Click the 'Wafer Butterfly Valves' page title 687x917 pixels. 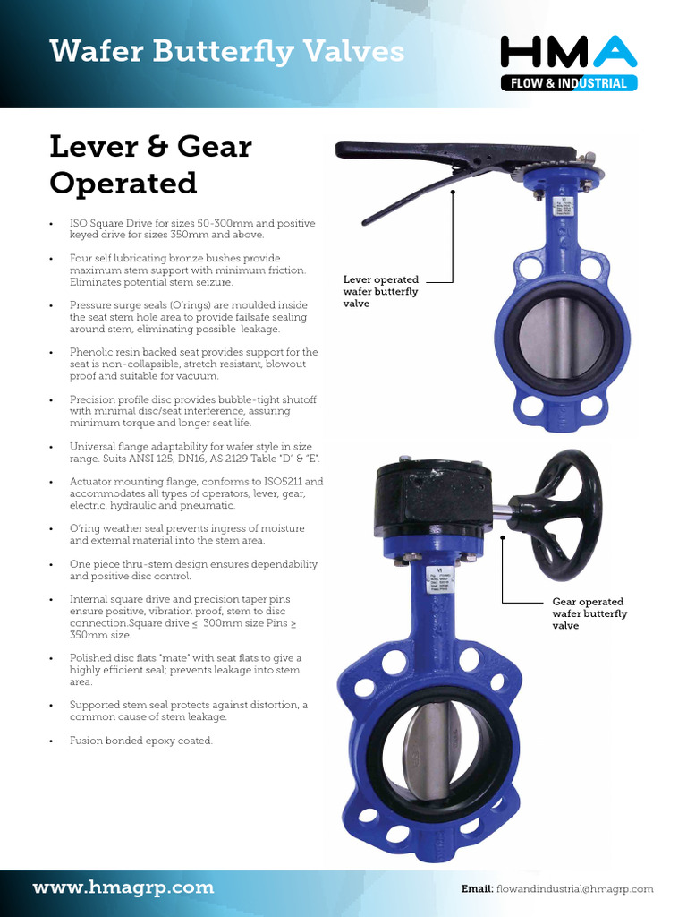click(x=226, y=51)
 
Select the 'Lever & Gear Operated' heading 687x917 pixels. click(x=150, y=164)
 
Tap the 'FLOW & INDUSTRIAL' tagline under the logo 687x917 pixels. click(x=570, y=84)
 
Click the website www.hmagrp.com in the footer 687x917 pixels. click(x=123, y=887)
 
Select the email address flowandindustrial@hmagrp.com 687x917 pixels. click(x=574, y=889)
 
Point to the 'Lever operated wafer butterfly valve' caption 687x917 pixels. click(x=381, y=292)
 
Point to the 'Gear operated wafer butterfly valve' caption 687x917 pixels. click(x=589, y=613)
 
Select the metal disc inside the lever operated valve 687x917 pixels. click(x=561, y=337)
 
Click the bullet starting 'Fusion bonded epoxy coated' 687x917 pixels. click(x=141, y=741)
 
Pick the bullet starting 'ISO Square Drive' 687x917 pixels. click(x=192, y=228)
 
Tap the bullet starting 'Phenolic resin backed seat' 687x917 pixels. click(x=192, y=364)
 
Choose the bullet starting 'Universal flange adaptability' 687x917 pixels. click(x=192, y=452)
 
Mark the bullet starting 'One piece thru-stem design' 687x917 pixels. click(x=192, y=570)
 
